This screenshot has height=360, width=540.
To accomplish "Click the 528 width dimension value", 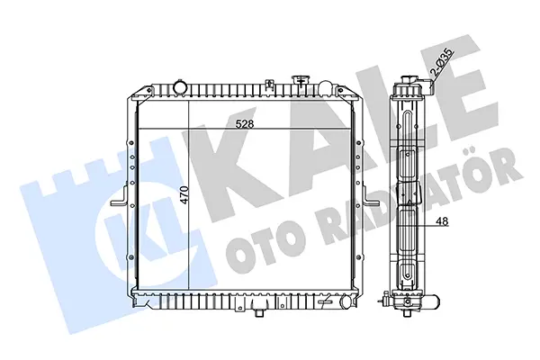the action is pyautogui.click(x=245, y=123).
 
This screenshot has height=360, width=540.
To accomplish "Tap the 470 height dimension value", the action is pyautogui.click(x=184, y=195).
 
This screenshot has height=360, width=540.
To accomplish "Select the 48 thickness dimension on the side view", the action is pyautogui.click(x=443, y=222).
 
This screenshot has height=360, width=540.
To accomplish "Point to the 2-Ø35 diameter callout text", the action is pyautogui.click(x=442, y=62).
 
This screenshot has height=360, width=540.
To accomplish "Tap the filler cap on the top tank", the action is pyautogui.click(x=300, y=81).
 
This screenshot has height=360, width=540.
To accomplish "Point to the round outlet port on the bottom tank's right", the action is pyautogui.click(x=346, y=302).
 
